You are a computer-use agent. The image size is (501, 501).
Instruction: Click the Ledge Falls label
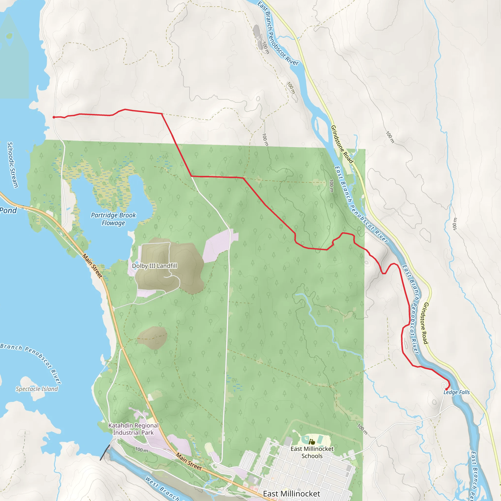pos(456,392)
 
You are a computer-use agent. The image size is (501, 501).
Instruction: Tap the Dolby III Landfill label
pos(155,266)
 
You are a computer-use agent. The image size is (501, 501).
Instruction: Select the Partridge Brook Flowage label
pos(113,219)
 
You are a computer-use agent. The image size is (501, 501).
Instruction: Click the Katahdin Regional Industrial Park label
pos(133,429)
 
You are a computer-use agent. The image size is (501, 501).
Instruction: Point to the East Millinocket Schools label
pos(312,452)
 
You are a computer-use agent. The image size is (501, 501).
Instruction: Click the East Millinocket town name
pos(291,494)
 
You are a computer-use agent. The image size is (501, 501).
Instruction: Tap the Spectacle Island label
pos(37,389)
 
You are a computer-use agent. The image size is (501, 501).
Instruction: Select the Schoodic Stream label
pos(12,165)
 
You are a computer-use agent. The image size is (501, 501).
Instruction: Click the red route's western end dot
pos(54,117)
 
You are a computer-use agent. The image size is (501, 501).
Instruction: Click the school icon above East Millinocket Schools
pos(312,442)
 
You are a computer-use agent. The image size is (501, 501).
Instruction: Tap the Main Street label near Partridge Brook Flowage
pos(92,266)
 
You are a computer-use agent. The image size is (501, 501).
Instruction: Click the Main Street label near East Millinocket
pos(189,462)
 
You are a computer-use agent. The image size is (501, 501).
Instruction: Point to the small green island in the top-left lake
pos(9,35)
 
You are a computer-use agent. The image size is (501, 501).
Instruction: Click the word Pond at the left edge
pos(8,210)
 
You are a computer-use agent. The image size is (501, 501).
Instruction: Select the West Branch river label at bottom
pos(162,489)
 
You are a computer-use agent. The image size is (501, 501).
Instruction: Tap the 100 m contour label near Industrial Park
pos(142,450)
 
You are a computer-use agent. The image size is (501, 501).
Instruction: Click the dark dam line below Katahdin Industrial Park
pos(105,453)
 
